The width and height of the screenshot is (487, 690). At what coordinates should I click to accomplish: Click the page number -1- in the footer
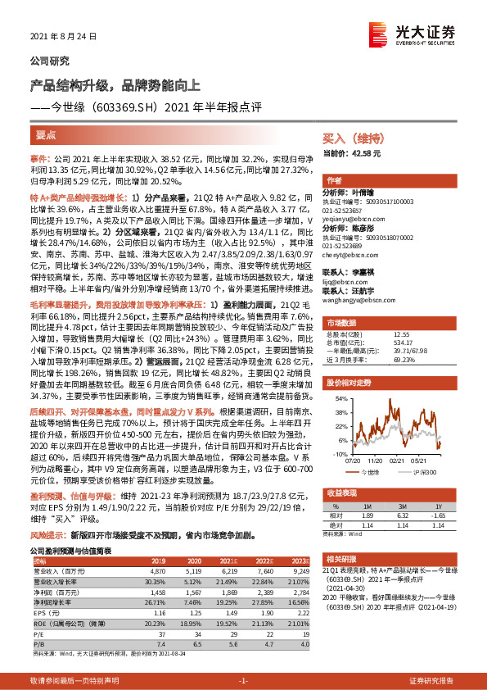(243, 681)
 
